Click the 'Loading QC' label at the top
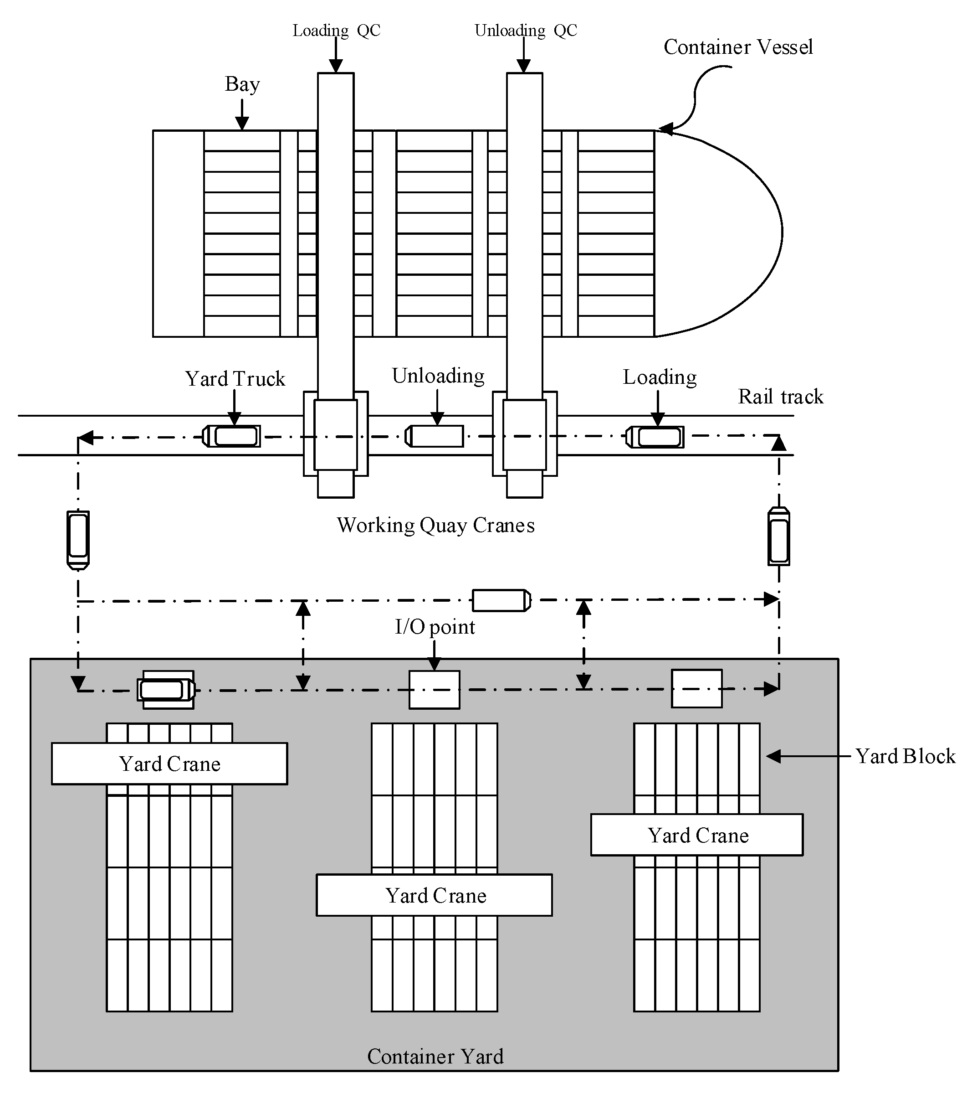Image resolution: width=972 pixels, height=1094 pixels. (336, 31)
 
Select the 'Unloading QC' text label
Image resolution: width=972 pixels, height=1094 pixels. (525, 31)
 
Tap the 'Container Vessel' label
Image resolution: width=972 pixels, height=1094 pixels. (738, 47)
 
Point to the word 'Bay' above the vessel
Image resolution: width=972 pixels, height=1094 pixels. (242, 84)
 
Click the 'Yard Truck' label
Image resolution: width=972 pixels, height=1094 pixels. (235, 379)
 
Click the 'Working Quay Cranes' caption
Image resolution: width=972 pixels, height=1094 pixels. (435, 525)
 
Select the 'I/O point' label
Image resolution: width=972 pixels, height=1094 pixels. (435, 627)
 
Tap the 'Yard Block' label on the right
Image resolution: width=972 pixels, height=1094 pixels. (905, 756)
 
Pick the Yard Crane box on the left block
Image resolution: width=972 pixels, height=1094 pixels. (169, 764)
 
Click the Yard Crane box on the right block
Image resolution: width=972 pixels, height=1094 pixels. (696, 835)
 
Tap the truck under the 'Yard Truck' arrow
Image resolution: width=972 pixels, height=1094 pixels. (232, 436)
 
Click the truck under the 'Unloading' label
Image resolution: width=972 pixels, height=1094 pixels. (435, 436)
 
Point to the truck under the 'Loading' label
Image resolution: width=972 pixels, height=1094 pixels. (655, 437)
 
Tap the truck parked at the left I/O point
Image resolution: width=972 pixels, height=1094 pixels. (166, 690)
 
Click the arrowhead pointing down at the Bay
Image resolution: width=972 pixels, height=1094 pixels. (242, 124)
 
